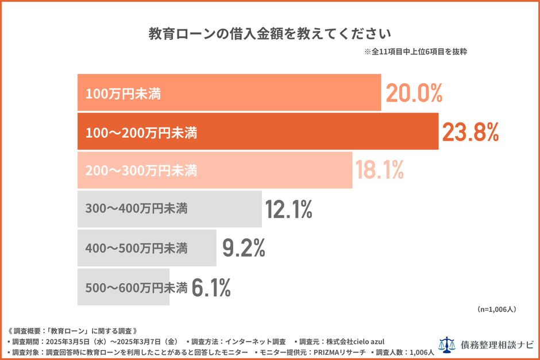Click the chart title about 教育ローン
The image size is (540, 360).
(269, 33)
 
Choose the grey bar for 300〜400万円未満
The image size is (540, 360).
(169, 209)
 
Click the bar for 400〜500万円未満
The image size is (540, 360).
(146, 248)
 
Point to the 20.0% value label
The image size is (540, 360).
(414, 93)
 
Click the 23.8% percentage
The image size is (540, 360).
(470, 132)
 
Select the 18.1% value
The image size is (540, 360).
(379, 171)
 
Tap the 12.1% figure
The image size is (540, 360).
(289, 210)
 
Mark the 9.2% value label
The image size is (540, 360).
(244, 248)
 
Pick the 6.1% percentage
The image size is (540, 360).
(211, 287)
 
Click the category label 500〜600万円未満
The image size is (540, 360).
(136, 287)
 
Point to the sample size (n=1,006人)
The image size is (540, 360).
(497, 309)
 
